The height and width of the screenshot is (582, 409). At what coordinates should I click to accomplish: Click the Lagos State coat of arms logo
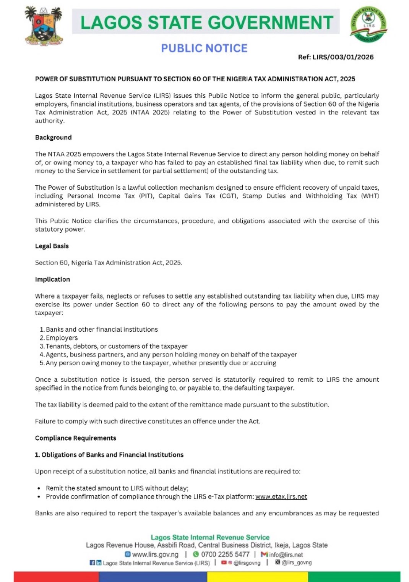[43, 26]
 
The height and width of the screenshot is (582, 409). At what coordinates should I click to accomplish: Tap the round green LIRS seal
[368, 24]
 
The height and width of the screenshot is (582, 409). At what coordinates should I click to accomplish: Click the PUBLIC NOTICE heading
[204, 48]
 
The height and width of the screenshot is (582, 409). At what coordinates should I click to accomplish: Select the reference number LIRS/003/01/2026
[336, 57]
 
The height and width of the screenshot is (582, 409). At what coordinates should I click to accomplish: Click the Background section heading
[54, 138]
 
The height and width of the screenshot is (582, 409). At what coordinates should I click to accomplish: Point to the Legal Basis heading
[52, 246]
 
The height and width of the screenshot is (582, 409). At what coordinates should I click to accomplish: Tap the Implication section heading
[52, 279]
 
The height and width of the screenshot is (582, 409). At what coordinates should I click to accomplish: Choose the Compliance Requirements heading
[76, 438]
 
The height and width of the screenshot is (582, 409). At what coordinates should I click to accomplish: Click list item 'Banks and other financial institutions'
[102, 329]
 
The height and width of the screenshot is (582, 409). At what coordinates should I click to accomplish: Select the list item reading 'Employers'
[62, 338]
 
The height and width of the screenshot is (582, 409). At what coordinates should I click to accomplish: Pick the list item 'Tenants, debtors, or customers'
[117, 346]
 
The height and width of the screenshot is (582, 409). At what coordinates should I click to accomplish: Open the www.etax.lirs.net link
[281, 496]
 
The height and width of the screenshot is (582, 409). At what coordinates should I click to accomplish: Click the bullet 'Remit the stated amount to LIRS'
[117, 488]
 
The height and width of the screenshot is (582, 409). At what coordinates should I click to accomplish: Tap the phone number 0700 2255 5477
[225, 554]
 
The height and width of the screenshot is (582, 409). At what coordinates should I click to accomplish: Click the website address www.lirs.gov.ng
[155, 554]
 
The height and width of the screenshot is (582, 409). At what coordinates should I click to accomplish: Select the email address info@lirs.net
[286, 554]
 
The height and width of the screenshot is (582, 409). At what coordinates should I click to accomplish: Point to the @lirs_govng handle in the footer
[297, 563]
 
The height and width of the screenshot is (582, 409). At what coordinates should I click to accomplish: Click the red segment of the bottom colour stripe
[56, 577]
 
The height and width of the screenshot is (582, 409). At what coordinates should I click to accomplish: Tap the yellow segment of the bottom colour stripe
[257, 577]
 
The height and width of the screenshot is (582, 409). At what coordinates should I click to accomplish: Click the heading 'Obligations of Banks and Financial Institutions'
[112, 455]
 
